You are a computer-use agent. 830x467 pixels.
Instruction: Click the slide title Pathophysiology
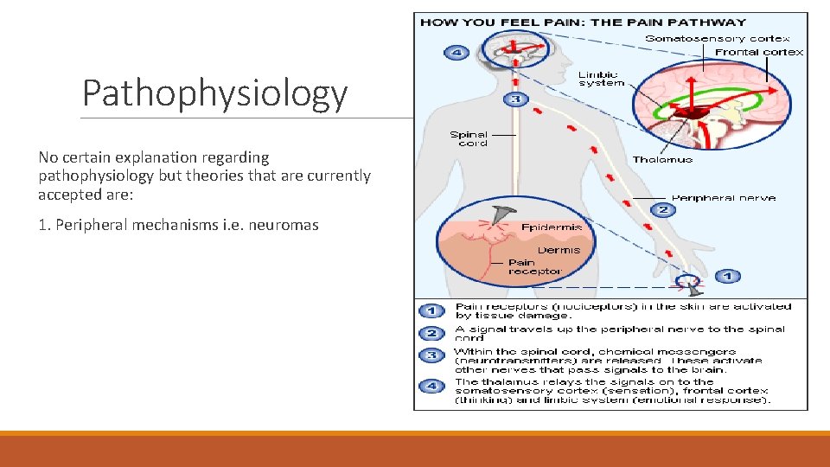[x=214, y=93]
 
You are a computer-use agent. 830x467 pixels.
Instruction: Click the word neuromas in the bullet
[x=285, y=226]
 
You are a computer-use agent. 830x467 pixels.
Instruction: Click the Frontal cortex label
[x=759, y=52]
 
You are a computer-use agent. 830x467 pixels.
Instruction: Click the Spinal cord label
[x=469, y=138]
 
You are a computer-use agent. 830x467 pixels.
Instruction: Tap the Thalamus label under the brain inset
[x=662, y=159]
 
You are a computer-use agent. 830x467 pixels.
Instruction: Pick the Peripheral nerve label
[x=723, y=198]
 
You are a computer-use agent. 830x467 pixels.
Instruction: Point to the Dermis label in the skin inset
[x=559, y=250]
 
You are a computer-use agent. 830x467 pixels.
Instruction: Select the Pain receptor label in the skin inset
[x=534, y=266]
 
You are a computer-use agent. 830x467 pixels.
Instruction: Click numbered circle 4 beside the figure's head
[x=456, y=52]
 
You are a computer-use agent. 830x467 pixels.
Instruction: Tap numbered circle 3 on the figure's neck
[x=516, y=99]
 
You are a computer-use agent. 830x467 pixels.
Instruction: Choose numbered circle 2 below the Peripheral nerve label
[x=663, y=209]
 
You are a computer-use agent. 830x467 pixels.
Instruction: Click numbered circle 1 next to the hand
[x=727, y=276]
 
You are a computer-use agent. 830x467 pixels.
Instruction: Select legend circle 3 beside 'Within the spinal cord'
[x=431, y=355]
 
